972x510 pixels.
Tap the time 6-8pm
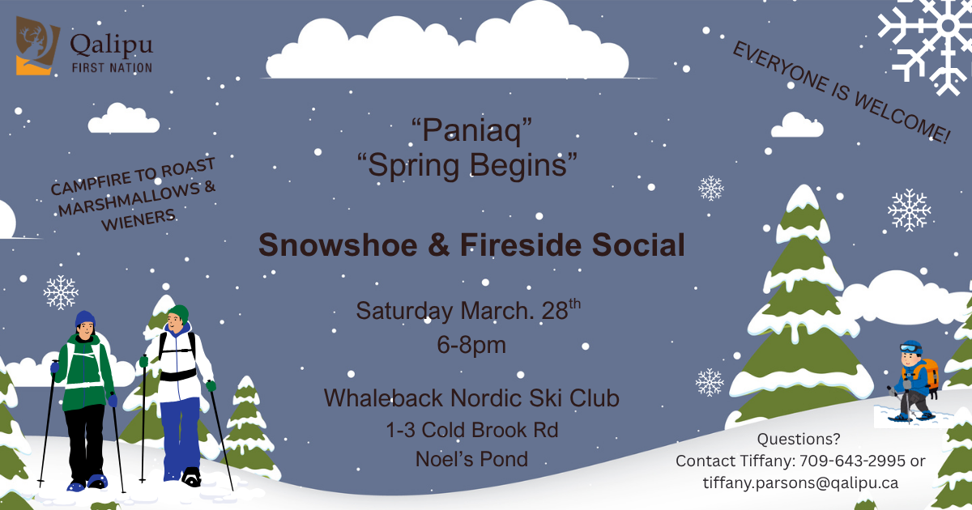point(471,345)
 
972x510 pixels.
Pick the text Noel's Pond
point(471,459)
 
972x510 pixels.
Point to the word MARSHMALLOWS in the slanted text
point(131,197)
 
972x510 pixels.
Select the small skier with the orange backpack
point(914,380)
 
